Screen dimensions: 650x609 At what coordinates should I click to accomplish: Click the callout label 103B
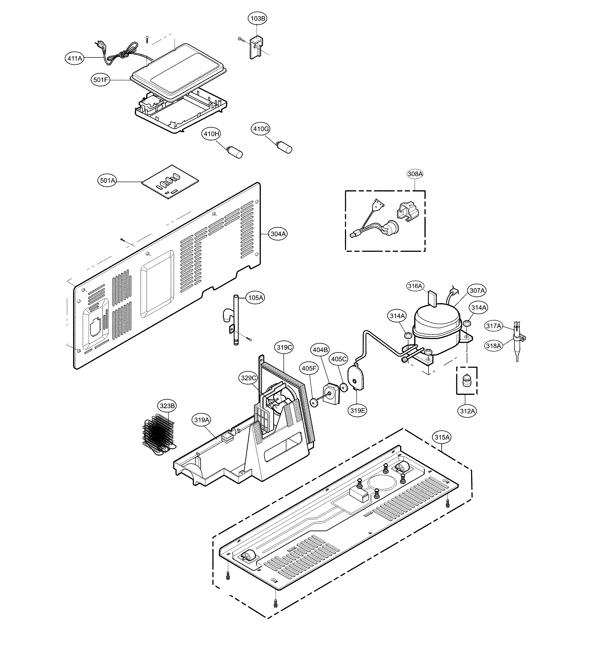(x=258, y=19)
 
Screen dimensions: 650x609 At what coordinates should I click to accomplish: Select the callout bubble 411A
(x=74, y=58)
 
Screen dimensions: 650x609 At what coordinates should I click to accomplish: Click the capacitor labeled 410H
(x=236, y=153)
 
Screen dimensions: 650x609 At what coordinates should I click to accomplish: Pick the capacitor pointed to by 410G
(x=285, y=147)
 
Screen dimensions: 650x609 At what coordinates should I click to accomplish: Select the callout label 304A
(x=278, y=234)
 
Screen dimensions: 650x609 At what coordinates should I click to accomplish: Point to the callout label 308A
(x=415, y=174)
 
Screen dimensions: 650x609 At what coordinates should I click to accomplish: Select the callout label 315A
(x=442, y=437)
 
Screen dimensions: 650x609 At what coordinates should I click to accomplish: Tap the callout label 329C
(x=248, y=378)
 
